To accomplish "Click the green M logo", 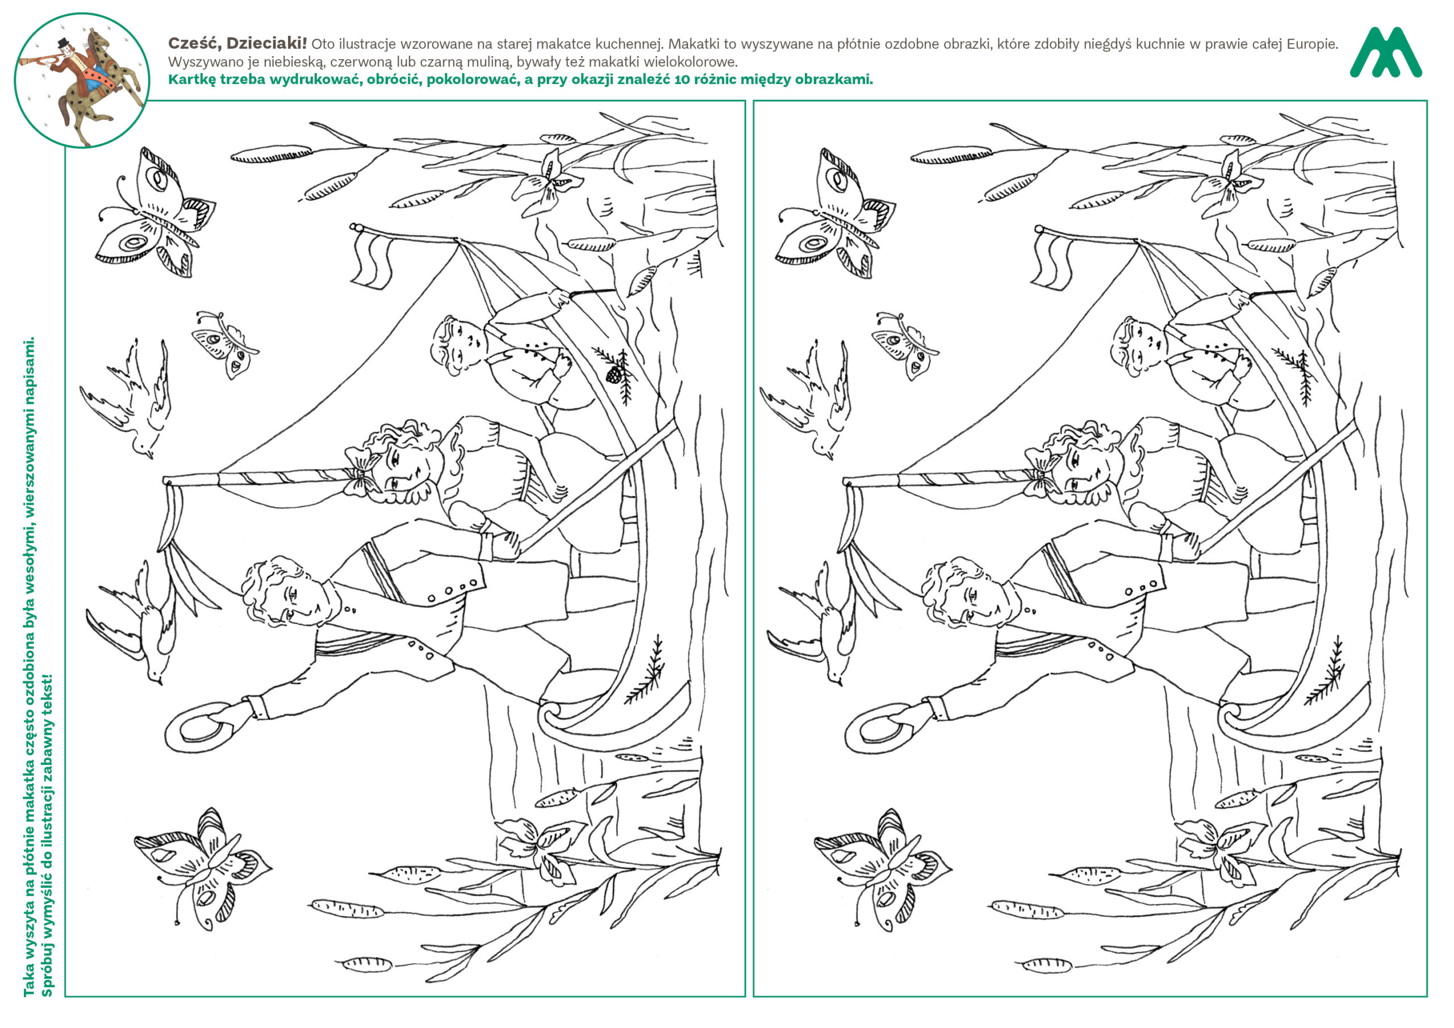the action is click(1386, 53).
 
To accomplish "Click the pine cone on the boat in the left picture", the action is click(613, 375).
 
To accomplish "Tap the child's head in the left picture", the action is click(458, 346).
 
